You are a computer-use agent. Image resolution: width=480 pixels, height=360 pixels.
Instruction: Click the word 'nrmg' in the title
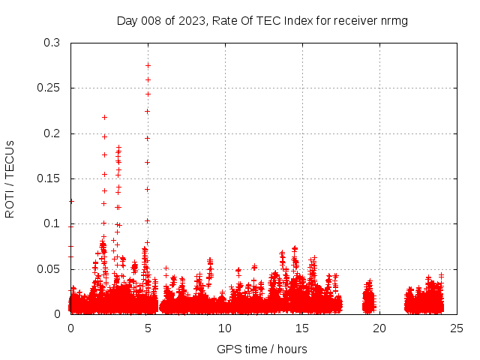coord(394,20)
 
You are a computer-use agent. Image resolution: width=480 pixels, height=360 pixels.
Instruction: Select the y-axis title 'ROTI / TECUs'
coord(10,178)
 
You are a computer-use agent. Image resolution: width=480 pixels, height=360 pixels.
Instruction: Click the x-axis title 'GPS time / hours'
coord(262,349)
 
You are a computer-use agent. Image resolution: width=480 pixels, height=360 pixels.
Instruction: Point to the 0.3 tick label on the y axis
coord(52,43)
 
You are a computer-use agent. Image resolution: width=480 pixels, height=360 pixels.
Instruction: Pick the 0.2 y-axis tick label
coord(52,133)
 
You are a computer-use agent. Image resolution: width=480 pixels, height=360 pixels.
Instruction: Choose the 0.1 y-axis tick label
coord(52,223)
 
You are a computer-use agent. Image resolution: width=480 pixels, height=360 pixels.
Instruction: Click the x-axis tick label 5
coord(148,328)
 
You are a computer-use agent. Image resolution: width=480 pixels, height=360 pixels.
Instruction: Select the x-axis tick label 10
coord(225,328)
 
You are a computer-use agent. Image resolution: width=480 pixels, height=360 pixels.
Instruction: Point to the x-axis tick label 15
coord(302,328)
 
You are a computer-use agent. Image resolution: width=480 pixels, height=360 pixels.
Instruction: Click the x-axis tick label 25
coord(457,328)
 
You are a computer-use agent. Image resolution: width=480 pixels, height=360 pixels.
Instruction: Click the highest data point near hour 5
coord(148,65)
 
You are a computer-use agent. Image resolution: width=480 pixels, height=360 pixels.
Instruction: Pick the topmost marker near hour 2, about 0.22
coord(104,117)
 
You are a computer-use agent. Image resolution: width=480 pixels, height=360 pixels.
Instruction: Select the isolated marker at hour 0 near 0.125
coord(71,201)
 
